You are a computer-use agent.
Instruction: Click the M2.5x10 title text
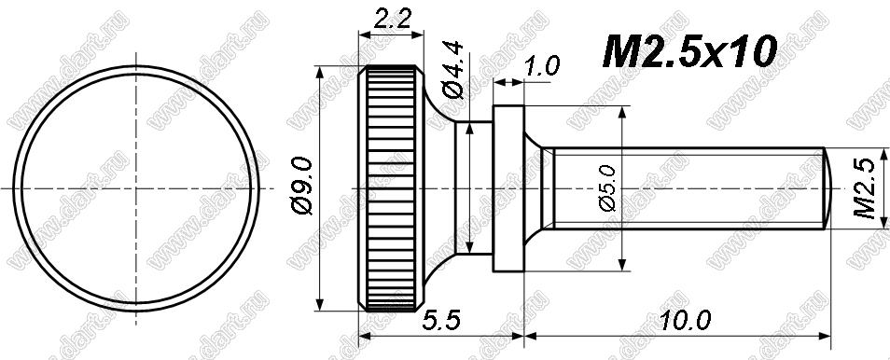689,51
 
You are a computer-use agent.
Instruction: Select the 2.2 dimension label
391,20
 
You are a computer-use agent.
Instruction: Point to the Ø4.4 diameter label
453,71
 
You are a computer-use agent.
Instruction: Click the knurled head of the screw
391,188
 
